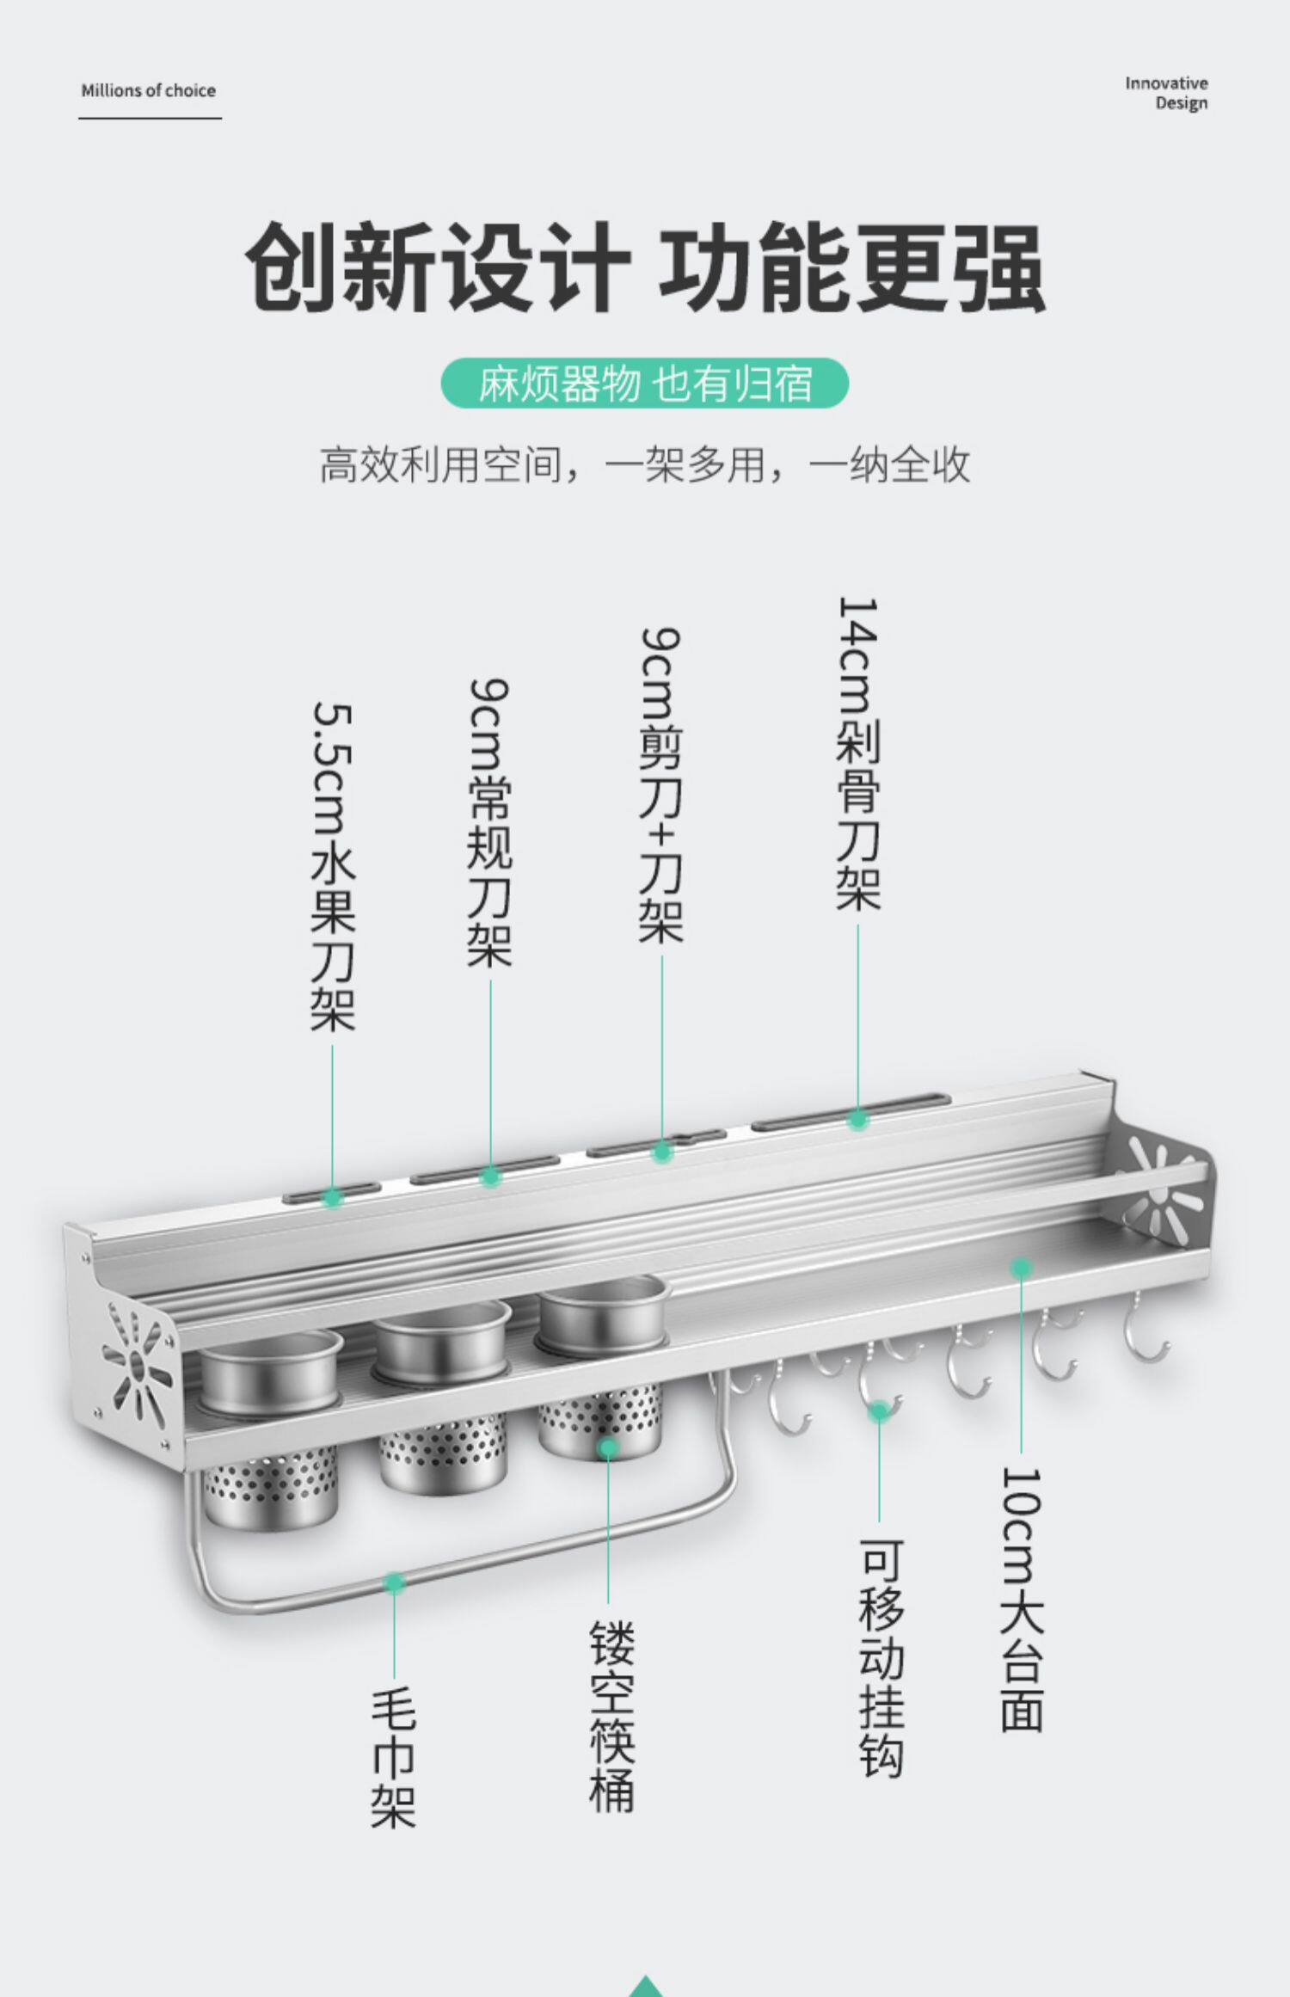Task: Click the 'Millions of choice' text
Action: pos(148,90)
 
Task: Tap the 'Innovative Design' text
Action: pos(1166,93)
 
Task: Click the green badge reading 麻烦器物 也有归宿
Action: pos(644,384)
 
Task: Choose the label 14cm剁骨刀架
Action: pos(858,753)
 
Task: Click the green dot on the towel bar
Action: pos(394,1582)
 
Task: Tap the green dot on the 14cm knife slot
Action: pos(857,1119)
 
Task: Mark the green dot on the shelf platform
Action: pos(1021,1266)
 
